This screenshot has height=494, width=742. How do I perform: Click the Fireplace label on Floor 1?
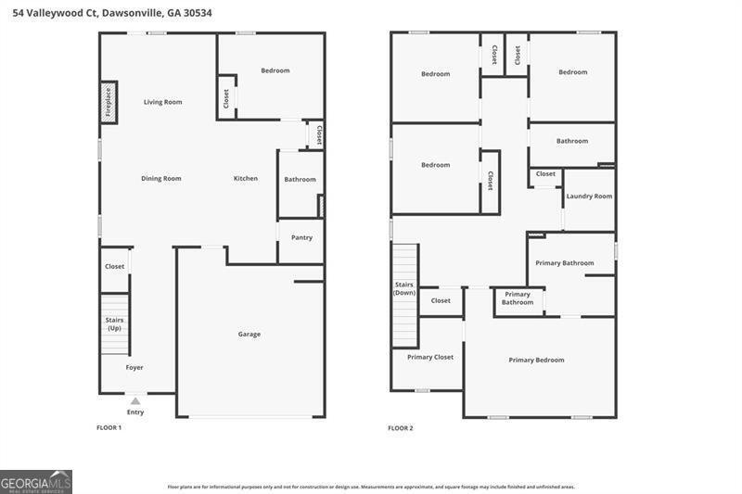[x=108, y=102]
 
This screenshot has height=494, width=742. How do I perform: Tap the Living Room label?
[x=163, y=102]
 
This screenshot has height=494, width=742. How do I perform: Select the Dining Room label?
[x=161, y=178]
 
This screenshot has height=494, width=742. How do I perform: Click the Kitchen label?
[x=246, y=178]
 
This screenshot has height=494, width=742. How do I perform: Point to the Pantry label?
[x=302, y=237]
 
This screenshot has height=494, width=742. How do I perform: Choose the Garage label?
[x=249, y=335]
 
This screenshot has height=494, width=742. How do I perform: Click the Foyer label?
[x=134, y=367]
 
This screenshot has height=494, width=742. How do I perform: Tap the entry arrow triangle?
[x=135, y=401]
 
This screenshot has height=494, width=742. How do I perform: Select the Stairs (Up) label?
[x=114, y=323]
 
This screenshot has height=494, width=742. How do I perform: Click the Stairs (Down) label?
[x=404, y=288]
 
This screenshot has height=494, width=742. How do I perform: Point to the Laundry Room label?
[x=589, y=196]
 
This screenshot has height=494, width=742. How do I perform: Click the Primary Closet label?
[x=430, y=357]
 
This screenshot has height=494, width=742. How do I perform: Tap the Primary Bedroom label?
[x=537, y=360]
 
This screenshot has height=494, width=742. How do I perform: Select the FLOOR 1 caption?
[x=109, y=428]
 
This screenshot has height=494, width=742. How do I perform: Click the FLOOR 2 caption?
[x=401, y=428]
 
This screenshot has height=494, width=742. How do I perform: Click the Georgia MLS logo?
[x=36, y=482]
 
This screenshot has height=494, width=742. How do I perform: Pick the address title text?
[x=112, y=13]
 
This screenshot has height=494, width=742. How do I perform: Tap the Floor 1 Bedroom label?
[x=275, y=70]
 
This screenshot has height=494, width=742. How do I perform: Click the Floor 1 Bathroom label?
[x=300, y=179]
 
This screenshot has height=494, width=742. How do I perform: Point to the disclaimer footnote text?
[x=371, y=487]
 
